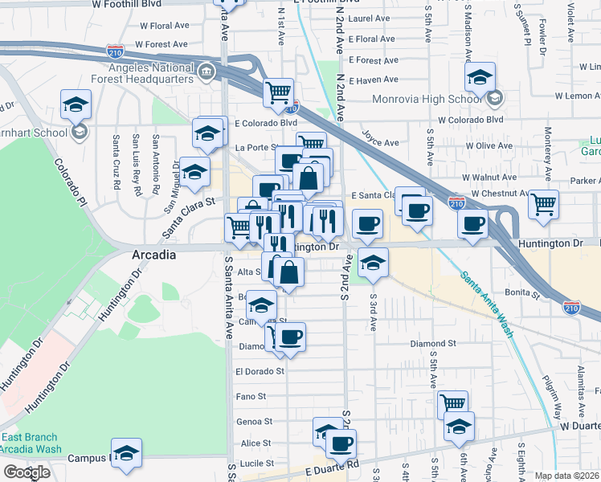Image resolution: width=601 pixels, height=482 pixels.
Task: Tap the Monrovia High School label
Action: [x=427, y=99]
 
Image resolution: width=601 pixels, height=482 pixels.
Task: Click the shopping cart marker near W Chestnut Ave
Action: [x=544, y=204]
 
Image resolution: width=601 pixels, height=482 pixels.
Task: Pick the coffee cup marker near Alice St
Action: [x=340, y=443]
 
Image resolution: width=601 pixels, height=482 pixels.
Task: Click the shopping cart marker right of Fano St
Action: [x=453, y=404]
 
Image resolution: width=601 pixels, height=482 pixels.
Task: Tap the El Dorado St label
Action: [x=260, y=372]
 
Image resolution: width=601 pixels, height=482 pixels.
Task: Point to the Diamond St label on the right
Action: [x=433, y=343]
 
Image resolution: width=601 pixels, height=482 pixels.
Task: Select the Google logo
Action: [x=27, y=473]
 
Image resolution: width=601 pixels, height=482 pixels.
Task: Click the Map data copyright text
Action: [x=567, y=476]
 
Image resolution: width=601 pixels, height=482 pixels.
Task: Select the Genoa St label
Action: [x=254, y=421]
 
